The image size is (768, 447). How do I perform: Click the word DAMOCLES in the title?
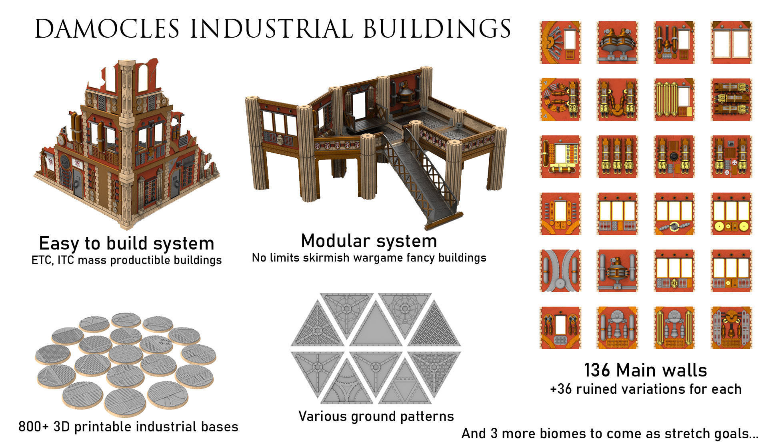pyautogui.click(x=107, y=29)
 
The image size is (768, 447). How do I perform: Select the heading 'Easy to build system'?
pyautogui.click(x=126, y=243)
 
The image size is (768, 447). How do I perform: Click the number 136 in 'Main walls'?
pyautogui.click(x=597, y=370)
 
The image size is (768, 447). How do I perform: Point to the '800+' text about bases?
pyautogui.click(x=34, y=427)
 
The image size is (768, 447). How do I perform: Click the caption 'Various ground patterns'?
pyautogui.click(x=376, y=417)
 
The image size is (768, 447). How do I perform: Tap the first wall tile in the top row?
pyautogui.click(x=560, y=42)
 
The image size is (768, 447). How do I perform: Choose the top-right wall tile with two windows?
pyautogui.click(x=731, y=42)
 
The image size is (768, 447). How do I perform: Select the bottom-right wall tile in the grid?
pyautogui.click(x=731, y=328)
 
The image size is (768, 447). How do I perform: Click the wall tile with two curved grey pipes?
pyautogui.click(x=560, y=270)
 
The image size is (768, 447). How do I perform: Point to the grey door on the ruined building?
pyautogui.click(x=78, y=182)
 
